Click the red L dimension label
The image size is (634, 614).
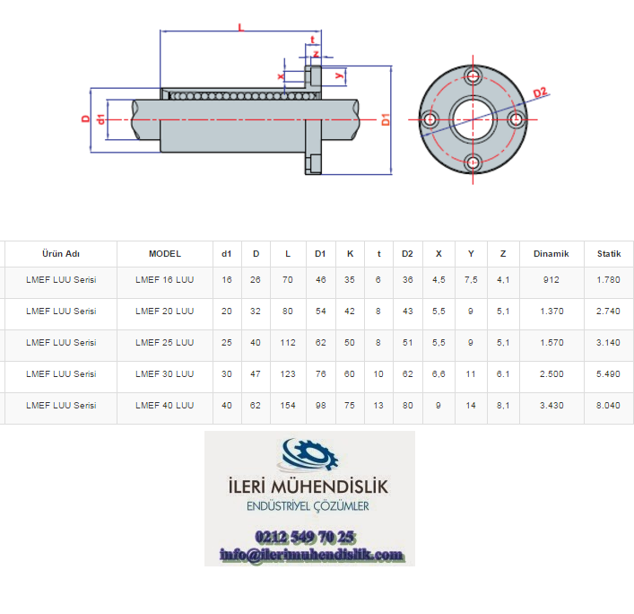(x=241, y=28)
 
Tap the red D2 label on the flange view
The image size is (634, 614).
(x=540, y=92)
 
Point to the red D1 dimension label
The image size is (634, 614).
(x=386, y=119)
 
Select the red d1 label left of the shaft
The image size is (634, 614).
(x=100, y=119)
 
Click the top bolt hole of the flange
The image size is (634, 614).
(x=473, y=75)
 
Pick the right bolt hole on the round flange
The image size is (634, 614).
(x=516, y=119)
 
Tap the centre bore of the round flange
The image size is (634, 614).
(x=473, y=119)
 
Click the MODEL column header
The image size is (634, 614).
(x=165, y=254)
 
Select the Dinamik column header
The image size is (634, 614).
(x=551, y=254)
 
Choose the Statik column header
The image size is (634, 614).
(x=609, y=254)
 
